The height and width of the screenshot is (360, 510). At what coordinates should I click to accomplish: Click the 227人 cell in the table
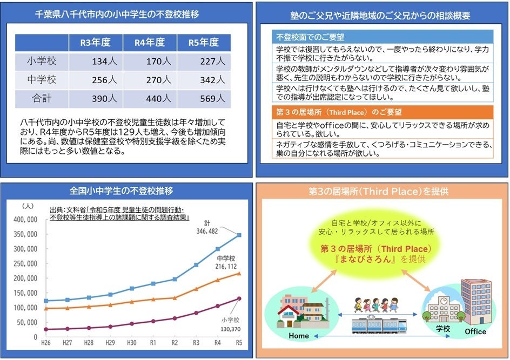click(x=209, y=62)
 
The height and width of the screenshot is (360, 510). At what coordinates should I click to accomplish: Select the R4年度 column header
click(x=149, y=43)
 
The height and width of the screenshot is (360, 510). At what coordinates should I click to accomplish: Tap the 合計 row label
click(x=42, y=98)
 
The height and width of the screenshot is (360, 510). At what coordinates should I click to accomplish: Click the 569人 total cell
click(x=209, y=98)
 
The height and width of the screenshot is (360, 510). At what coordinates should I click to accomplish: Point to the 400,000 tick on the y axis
click(x=26, y=219)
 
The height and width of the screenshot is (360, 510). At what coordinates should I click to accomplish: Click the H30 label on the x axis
click(x=131, y=342)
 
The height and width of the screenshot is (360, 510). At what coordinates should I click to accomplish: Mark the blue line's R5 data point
click(x=239, y=235)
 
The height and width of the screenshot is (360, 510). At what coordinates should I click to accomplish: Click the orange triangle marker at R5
click(x=239, y=273)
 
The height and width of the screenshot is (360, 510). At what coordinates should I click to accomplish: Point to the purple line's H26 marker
click(x=47, y=329)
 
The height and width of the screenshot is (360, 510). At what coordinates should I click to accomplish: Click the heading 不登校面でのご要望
click(x=311, y=38)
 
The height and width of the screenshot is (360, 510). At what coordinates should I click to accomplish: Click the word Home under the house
click(x=298, y=336)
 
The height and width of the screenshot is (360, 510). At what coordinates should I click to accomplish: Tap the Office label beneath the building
click(x=475, y=331)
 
